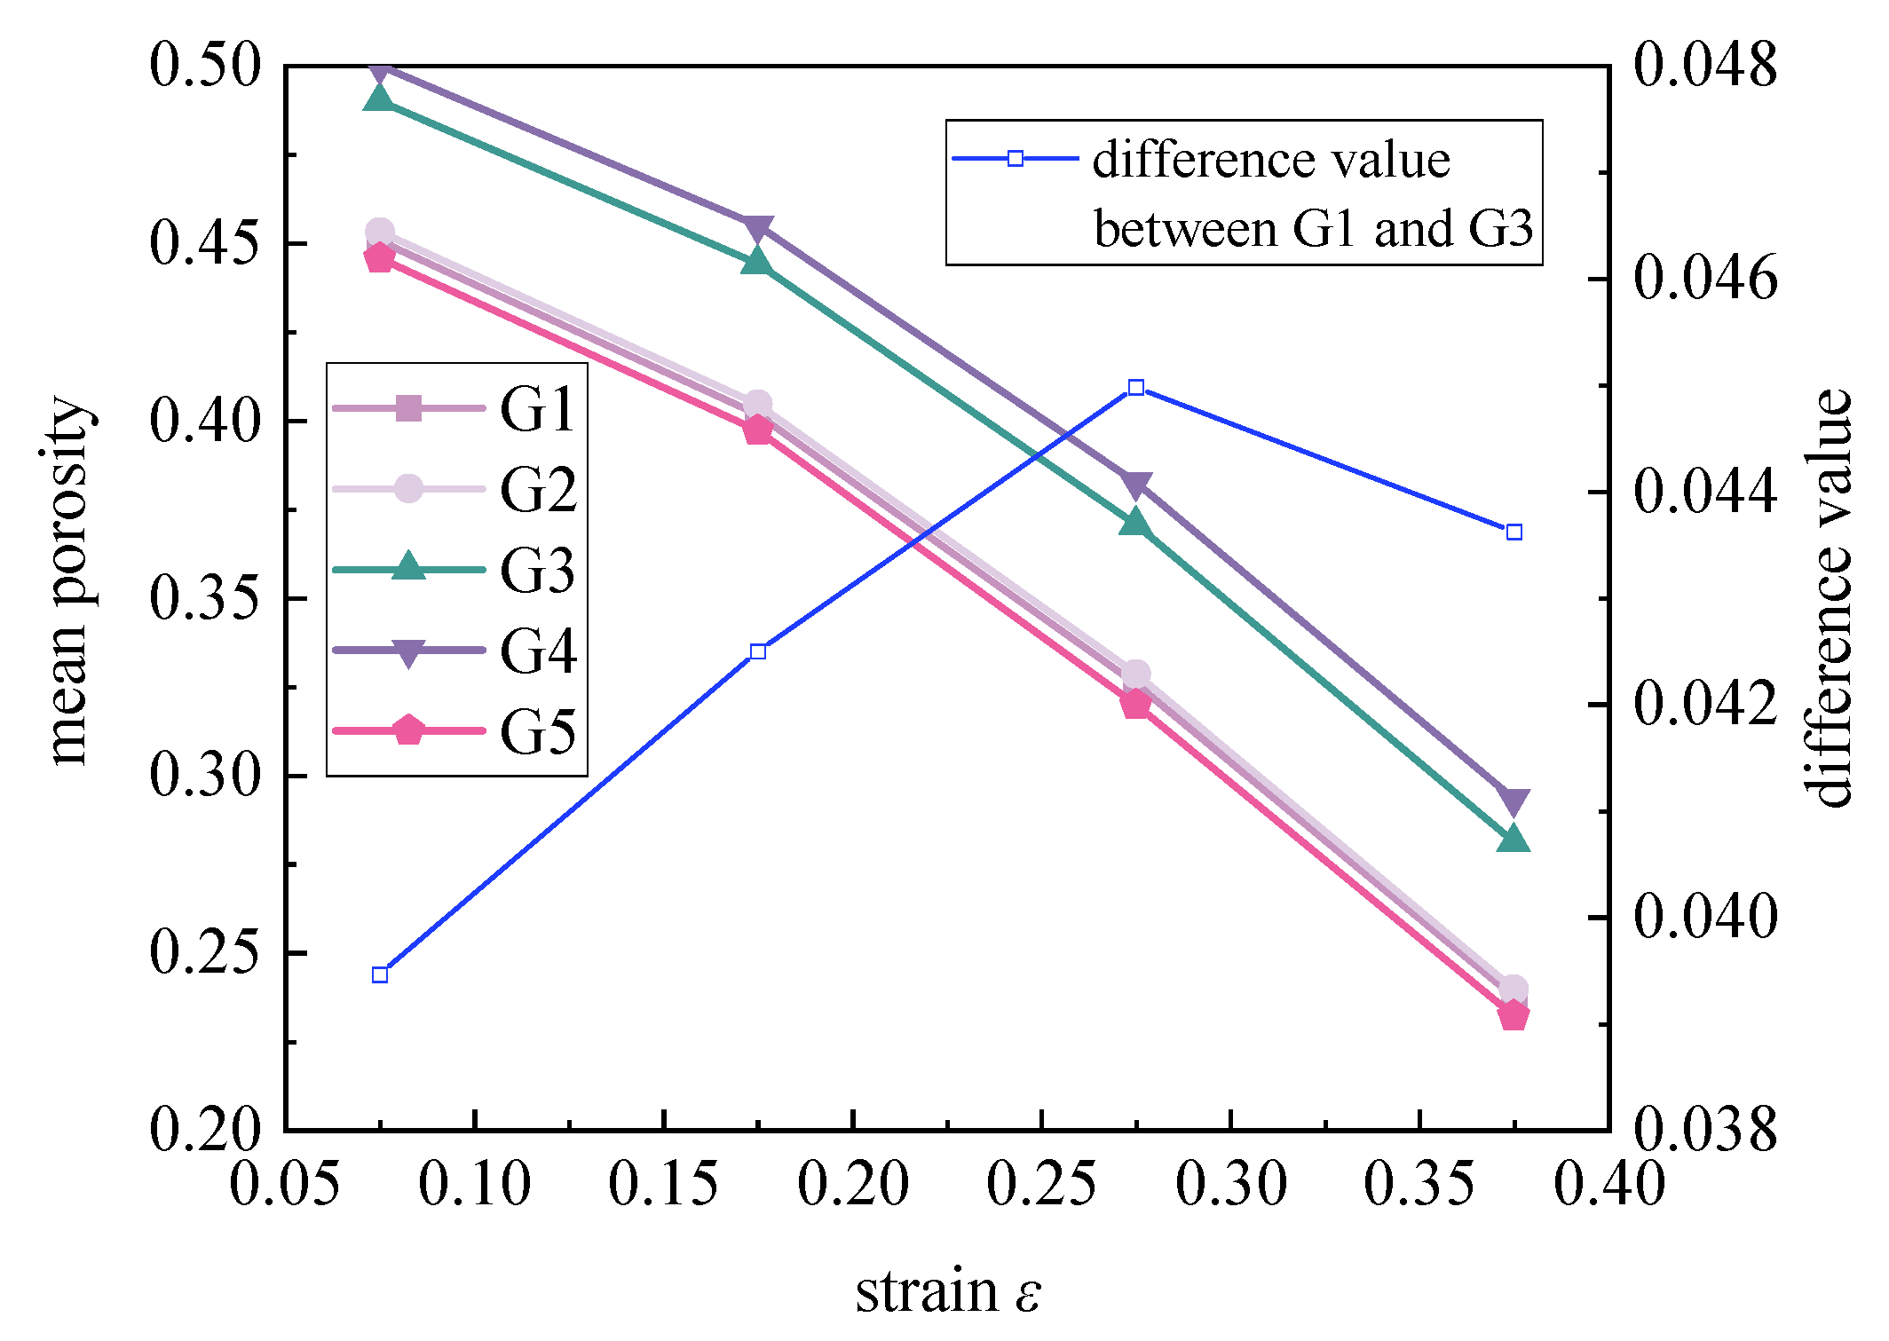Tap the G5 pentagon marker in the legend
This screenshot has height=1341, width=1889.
[408, 730]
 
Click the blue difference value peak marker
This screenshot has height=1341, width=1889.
[1136, 388]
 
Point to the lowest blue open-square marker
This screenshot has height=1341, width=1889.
[380, 974]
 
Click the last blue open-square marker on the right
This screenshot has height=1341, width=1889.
[1514, 532]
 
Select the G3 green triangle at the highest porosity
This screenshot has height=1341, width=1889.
[380, 98]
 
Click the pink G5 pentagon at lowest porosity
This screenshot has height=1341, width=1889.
[1514, 1015]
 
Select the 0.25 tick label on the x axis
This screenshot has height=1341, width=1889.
[1041, 1184]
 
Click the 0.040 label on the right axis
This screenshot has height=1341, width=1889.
[1704, 916]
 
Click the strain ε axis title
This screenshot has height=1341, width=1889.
[947, 1291]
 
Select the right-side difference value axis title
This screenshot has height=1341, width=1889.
[1829, 599]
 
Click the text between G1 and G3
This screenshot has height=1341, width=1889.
[1313, 229]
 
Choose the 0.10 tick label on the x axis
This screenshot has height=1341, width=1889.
[474, 1184]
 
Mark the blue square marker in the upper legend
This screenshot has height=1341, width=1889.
[1016, 159]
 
